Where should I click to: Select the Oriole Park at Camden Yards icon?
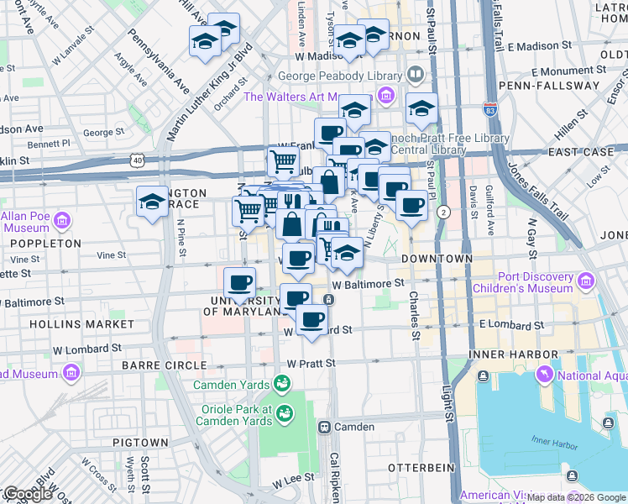tap(285, 413)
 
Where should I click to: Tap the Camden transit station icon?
tap(323, 427)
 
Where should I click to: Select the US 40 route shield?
tap(135, 160)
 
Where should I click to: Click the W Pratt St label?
tap(311, 363)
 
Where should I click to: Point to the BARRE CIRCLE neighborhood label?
tap(164, 365)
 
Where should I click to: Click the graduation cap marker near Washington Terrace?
tap(152, 202)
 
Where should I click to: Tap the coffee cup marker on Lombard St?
tap(312, 319)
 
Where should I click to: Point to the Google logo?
tap(27, 494)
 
